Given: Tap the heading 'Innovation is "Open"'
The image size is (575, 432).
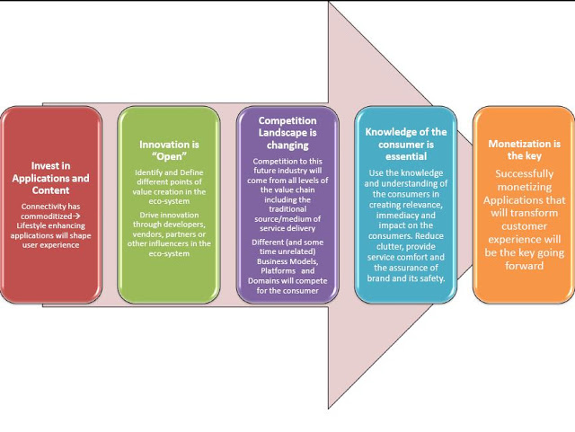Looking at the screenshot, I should tap(169, 150).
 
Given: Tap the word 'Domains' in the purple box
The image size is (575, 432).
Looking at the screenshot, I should tap(268, 280).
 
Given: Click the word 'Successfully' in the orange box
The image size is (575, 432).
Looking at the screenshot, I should tap(523, 174).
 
